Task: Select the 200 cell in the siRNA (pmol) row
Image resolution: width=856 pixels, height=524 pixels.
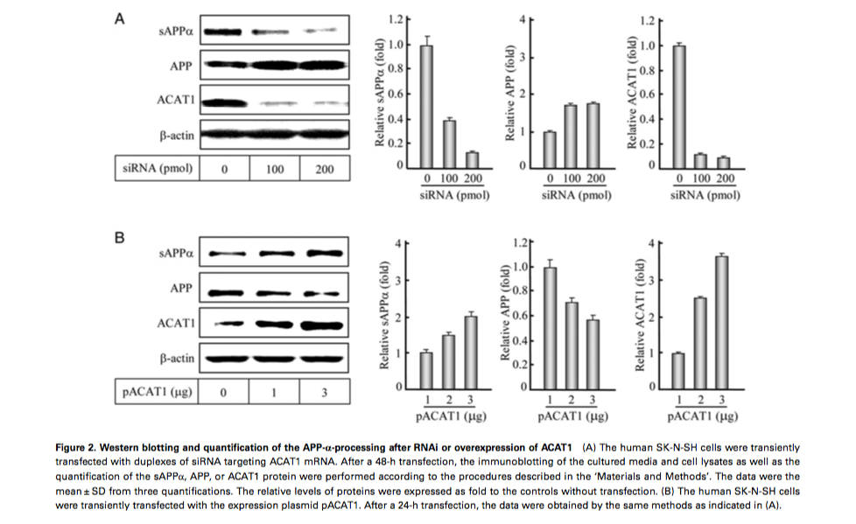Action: coord(324,168)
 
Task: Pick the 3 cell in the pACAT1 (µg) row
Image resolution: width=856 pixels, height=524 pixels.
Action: coord(324,392)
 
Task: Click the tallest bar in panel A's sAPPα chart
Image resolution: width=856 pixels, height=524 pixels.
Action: coord(427,105)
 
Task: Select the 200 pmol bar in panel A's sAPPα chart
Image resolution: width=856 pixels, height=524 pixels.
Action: coord(473,158)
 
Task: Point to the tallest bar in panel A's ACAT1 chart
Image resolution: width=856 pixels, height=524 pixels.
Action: coord(679,105)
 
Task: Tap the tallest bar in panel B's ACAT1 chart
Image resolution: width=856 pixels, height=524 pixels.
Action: coord(722,320)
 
